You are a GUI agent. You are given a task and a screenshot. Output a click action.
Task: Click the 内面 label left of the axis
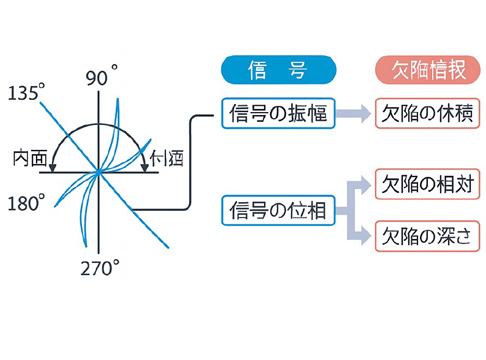point(30,158)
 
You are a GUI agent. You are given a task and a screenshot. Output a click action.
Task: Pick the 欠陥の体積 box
point(423,113)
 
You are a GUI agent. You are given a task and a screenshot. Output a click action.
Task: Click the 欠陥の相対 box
point(423,185)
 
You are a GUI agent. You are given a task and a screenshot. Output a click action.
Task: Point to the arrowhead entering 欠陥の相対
point(366,185)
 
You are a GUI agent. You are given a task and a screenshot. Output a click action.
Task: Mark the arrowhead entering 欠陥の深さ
point(366,236)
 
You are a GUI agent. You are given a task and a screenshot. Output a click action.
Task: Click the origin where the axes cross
point(100,172)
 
